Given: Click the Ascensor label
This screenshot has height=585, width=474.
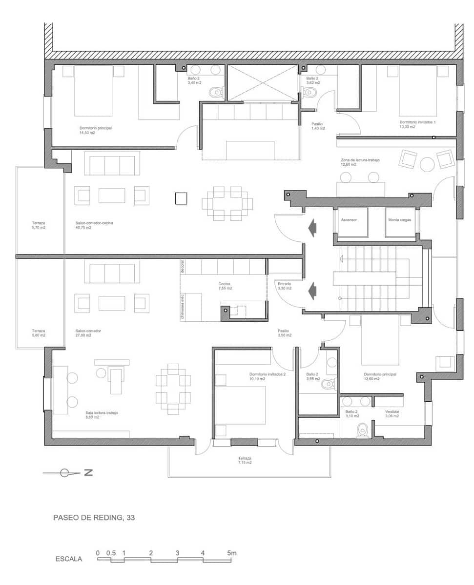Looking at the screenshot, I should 349,220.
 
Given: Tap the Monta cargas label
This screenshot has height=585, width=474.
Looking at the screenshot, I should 400,220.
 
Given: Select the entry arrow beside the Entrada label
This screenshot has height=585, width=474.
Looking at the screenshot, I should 310,291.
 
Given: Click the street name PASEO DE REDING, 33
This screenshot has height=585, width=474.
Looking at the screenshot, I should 94,518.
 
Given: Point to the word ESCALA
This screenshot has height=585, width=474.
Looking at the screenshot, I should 69,559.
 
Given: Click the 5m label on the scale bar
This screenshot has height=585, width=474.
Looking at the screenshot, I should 231,553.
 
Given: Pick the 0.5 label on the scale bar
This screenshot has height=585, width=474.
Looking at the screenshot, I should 111,553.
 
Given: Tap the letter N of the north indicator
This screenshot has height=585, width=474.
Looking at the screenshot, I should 88,472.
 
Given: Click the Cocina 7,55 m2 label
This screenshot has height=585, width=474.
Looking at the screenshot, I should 225,286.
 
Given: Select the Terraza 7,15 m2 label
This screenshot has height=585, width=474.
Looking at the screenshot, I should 245,460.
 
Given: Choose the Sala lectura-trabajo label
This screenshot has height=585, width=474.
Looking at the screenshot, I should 102,415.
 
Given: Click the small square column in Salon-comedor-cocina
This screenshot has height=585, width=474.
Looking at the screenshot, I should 181,198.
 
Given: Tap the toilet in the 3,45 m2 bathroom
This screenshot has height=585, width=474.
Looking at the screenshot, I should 215,92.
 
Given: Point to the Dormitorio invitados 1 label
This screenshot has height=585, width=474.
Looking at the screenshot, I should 417,124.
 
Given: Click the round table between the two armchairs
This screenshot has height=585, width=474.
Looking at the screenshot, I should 428,164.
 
